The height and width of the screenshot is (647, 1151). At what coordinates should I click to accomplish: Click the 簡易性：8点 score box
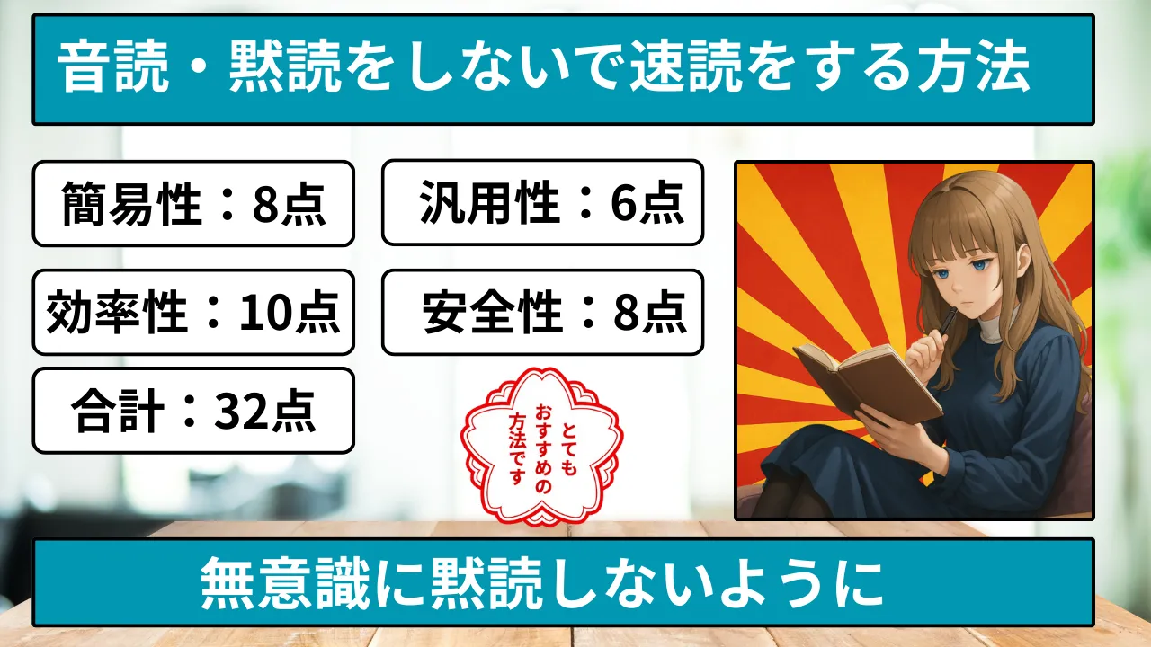(x=193, y=203)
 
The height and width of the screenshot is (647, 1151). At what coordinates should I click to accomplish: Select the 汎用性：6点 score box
(x=542, y=202)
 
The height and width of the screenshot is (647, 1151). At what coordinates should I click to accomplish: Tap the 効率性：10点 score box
(x=193, y=312)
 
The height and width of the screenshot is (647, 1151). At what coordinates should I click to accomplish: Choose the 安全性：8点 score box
(x=542, y=312)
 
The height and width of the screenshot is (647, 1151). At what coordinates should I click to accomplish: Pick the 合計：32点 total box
(x=193, y=411)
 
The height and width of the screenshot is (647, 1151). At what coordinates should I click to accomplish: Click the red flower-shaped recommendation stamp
(x=541, y=446)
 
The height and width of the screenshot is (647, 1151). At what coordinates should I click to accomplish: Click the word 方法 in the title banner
(x=974, y=67)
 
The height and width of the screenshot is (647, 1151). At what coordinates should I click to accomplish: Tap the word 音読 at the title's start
(x=113, y=67)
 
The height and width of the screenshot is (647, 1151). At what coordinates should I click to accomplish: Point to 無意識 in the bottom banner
(x=286, y=583)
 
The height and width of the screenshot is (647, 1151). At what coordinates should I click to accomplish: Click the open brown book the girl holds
(x=869, y=380)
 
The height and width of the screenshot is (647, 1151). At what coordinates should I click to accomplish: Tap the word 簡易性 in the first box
(x=131, y=204)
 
